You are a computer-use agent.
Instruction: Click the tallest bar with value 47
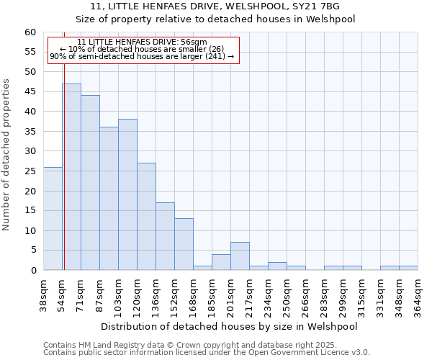pyautogui.click(x=71, y=176)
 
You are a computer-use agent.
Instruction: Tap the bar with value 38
pyautogui.click(x=127, y=194)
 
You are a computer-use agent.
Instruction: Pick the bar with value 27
pyautogui.click(x=146, y=216)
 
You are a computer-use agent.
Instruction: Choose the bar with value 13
pyautogui.click(x=184, y=244)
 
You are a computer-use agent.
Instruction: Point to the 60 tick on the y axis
pyautogui.click(x=30, y=32)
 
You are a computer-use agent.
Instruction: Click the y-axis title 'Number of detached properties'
pyautogui.click(x=7, y=155)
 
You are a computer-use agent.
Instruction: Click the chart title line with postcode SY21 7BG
pyautogui.click(x=216, y=6)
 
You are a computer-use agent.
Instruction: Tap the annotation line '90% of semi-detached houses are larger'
pyautogui.click(x=142, y=56)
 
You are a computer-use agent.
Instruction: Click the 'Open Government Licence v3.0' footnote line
pyautogui.click(x=206, y=352)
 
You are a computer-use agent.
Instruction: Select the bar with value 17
pyautogui.click(x=165, y=236)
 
